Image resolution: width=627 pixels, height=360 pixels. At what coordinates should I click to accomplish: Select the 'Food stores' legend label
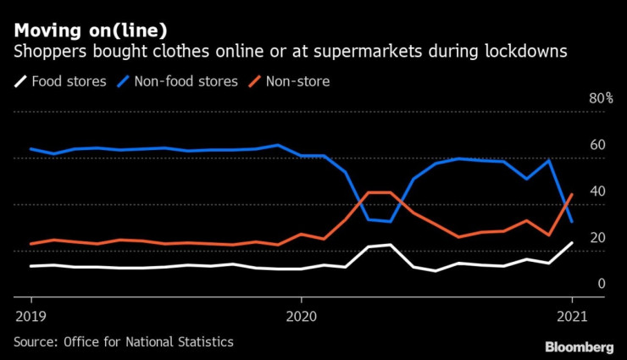[x=69, y=82]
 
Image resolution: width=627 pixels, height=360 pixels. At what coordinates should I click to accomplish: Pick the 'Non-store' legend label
[x=297, y=82]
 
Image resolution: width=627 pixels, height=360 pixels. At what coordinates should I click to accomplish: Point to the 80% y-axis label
[x=601, y=99]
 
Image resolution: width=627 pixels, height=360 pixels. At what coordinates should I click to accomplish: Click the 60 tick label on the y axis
[x=597, y=145]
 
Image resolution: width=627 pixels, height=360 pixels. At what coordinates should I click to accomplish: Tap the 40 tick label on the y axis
[x=597, y=191]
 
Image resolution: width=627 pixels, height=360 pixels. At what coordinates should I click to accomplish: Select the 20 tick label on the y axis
[x=597, y=238]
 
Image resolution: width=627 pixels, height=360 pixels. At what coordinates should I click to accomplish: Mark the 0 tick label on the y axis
[x=601, y=284]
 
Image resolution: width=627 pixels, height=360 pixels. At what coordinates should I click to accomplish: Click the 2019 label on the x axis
[x=31, y=315]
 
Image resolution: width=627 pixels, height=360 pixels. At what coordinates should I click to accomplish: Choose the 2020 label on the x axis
[x=301, y=315]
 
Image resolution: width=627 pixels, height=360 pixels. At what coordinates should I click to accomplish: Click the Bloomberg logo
[x=579, y=346]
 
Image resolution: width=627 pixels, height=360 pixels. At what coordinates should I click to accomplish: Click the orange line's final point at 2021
[x=572, y=194]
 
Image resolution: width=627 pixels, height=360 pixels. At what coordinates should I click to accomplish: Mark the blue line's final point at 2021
[x=572, y=222]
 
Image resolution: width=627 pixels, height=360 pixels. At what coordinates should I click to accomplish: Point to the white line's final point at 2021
[x=572, y=243]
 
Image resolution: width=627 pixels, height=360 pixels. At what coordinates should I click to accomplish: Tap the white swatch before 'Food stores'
[x=19, y=82]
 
